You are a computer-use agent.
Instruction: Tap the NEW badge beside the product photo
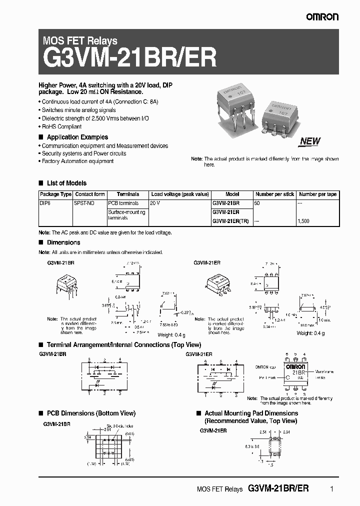click(310, 141)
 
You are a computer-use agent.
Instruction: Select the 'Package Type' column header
click(55, 194)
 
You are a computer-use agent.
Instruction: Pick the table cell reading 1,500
click(303, 221)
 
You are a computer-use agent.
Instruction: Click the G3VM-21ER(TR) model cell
click(230, 221)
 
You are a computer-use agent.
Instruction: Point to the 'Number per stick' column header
click(274, 194)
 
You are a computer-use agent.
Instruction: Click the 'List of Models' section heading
click(66, 183)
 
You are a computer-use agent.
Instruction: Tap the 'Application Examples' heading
click(77, 137)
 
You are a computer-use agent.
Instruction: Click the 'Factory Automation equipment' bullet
click(77, 161)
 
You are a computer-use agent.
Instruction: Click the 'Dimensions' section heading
click(63, 242)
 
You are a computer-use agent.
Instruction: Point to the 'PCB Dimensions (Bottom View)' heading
click(91, 413)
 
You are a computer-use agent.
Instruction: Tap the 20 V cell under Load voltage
click(155, 203)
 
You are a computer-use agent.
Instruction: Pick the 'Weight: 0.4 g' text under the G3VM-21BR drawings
click(171, 334)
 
